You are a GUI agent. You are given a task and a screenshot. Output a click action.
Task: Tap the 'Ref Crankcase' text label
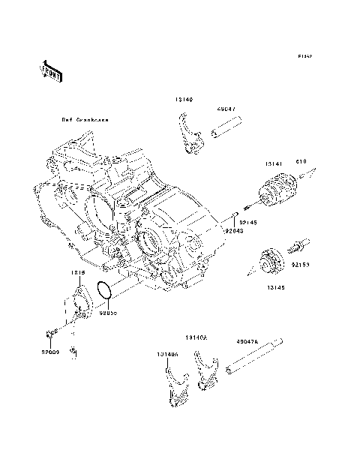[84, 120]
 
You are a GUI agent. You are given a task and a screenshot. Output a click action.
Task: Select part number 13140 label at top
[184, 99]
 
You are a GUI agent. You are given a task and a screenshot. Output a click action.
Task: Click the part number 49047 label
[227, 107]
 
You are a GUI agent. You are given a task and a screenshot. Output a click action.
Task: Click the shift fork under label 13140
[191, 135]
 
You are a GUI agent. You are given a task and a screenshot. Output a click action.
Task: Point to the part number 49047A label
[247, 341]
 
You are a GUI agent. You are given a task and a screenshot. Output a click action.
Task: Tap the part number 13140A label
[196, 338]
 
